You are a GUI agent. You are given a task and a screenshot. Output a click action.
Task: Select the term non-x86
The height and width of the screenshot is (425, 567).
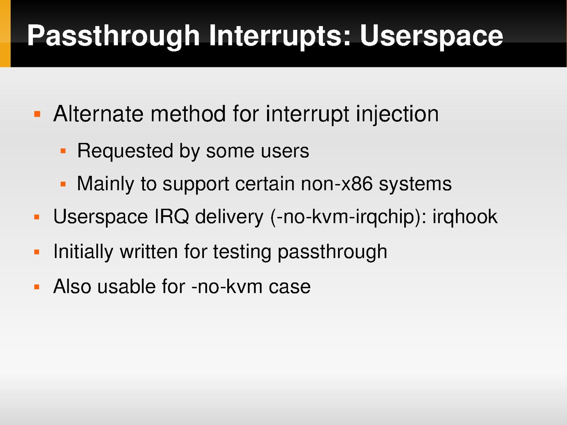337,184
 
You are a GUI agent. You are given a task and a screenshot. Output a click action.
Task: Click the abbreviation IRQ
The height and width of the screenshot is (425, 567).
172,217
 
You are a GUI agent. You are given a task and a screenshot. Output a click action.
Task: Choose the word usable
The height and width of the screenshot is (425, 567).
127,287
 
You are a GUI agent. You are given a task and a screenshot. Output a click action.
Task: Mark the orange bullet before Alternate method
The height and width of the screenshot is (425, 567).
37,114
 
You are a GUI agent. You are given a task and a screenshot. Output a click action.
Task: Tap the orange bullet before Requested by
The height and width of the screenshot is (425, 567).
63,151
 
